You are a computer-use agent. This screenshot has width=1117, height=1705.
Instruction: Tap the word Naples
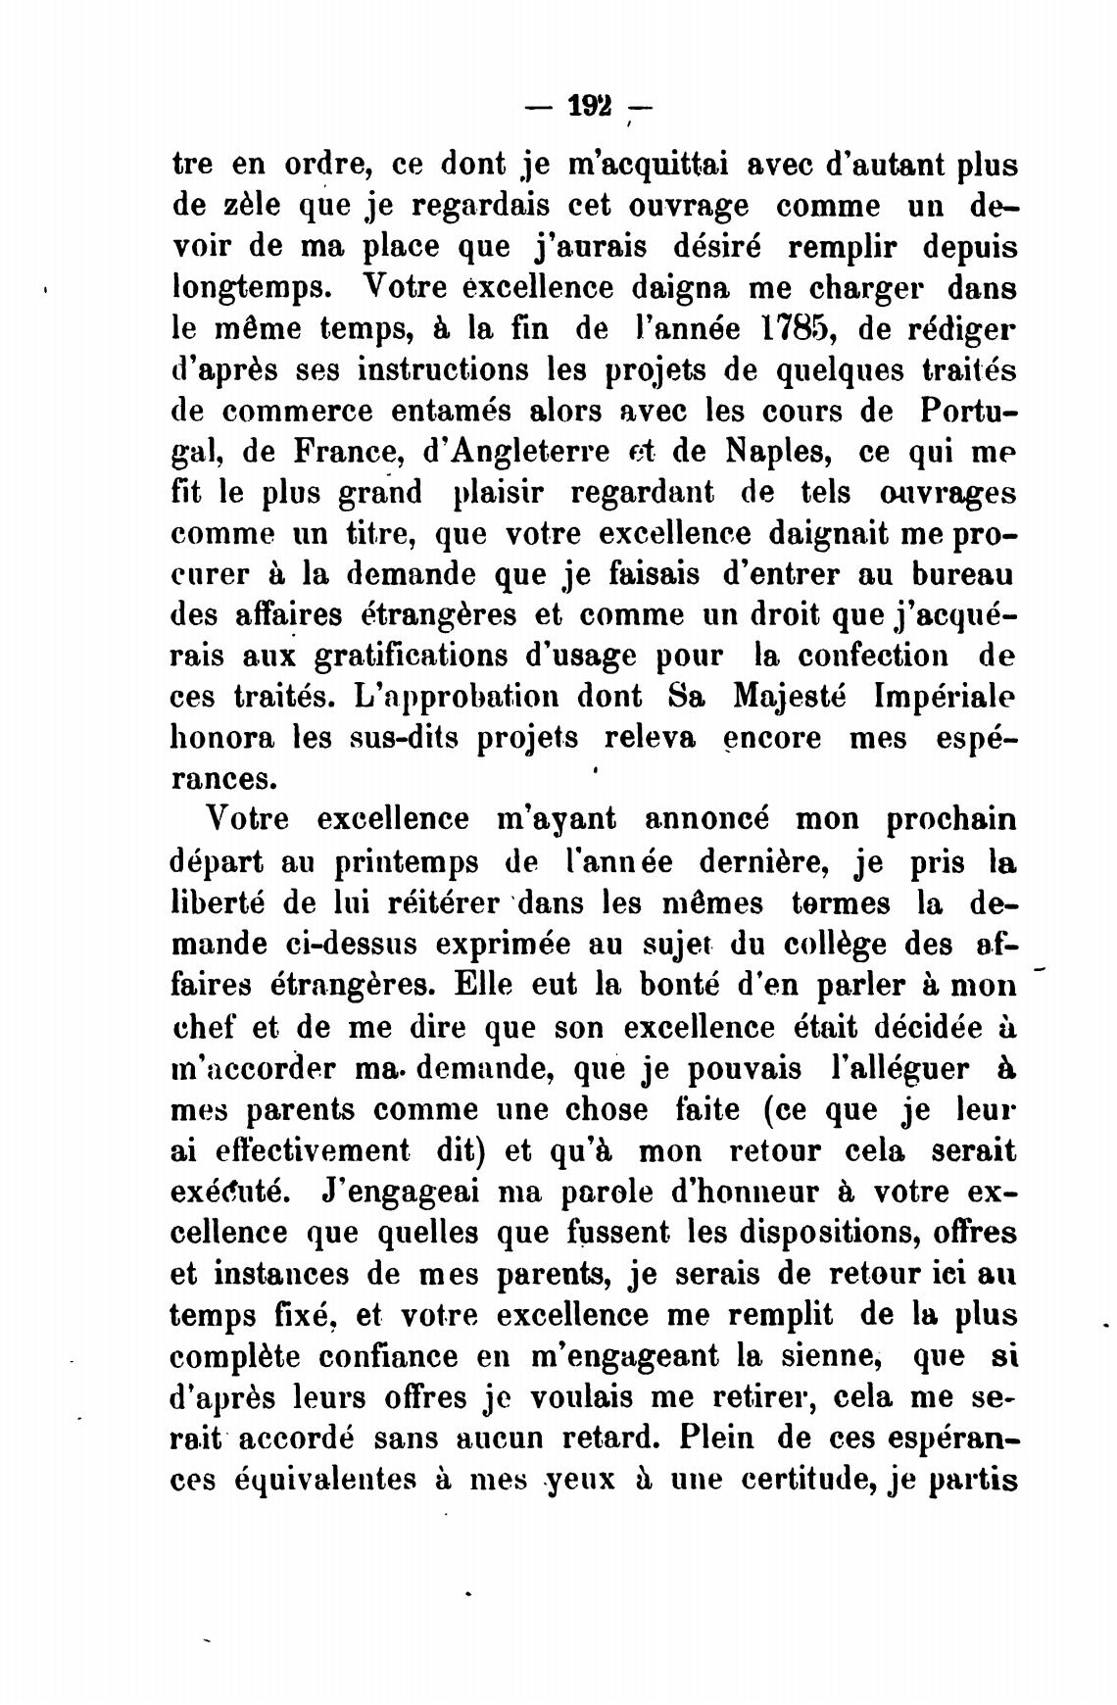pyautogui.click(x=779, y=452)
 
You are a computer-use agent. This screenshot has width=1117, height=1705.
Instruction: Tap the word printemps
pyautogui.click(x=406, y=864)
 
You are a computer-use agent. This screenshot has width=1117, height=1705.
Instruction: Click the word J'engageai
pyautogui.click(x=404, y=1194)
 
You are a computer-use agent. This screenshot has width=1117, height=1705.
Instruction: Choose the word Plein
pyautogui.click(x=705, y=1438)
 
